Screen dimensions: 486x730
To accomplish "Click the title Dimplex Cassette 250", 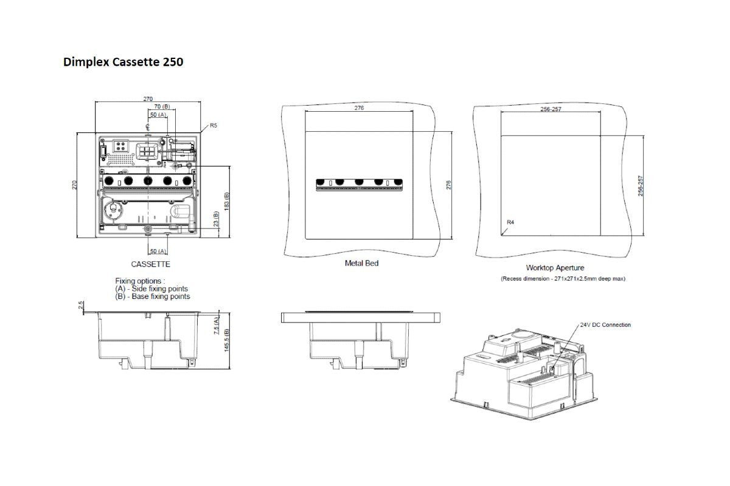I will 123,62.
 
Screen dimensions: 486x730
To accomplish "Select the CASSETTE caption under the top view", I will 151,264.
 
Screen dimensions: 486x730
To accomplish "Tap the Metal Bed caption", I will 361,264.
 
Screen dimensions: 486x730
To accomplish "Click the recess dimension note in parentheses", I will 563,279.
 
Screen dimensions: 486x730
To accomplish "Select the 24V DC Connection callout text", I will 605,325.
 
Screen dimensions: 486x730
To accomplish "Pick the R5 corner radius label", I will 213,126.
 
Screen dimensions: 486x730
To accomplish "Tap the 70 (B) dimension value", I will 161,107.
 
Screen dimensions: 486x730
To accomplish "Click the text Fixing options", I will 139,281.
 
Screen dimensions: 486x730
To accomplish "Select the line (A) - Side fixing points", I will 151,289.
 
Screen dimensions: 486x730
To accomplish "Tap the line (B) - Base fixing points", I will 153,296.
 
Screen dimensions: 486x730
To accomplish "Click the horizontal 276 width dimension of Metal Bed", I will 358,108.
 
